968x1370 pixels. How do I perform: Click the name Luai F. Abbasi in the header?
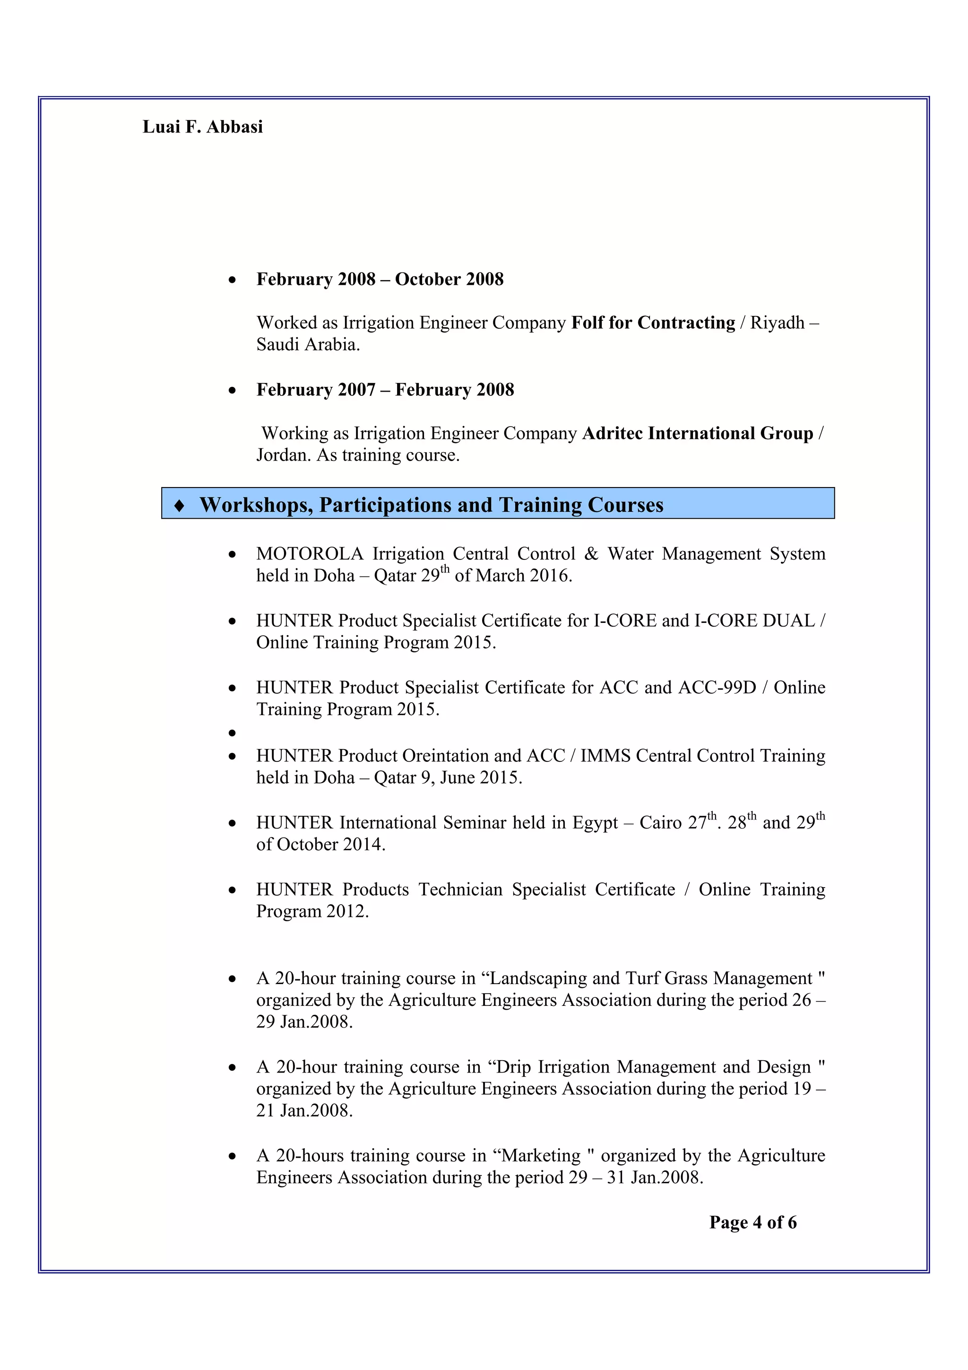coord(202,127)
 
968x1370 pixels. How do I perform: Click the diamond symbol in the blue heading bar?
coord(179,506)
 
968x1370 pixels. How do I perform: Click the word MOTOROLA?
coord(310,554)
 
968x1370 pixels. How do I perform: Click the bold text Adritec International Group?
coord(697,433)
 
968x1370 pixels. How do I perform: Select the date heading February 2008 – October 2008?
coord(380,279)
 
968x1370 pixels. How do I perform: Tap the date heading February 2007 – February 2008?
coord(385,390)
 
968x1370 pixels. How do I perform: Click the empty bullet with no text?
coord(232,733)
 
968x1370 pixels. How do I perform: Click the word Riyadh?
coord(777,323)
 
